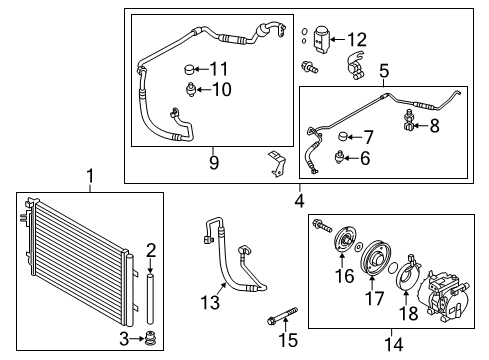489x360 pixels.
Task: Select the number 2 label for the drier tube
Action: (x=151, y=249)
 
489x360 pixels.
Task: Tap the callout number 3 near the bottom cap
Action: (x=123, y=339)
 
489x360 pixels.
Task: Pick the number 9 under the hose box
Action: (x=365, y=158)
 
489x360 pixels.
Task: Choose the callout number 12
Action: (x=368, y=137)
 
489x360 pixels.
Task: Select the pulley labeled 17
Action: (x=356, y=40)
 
